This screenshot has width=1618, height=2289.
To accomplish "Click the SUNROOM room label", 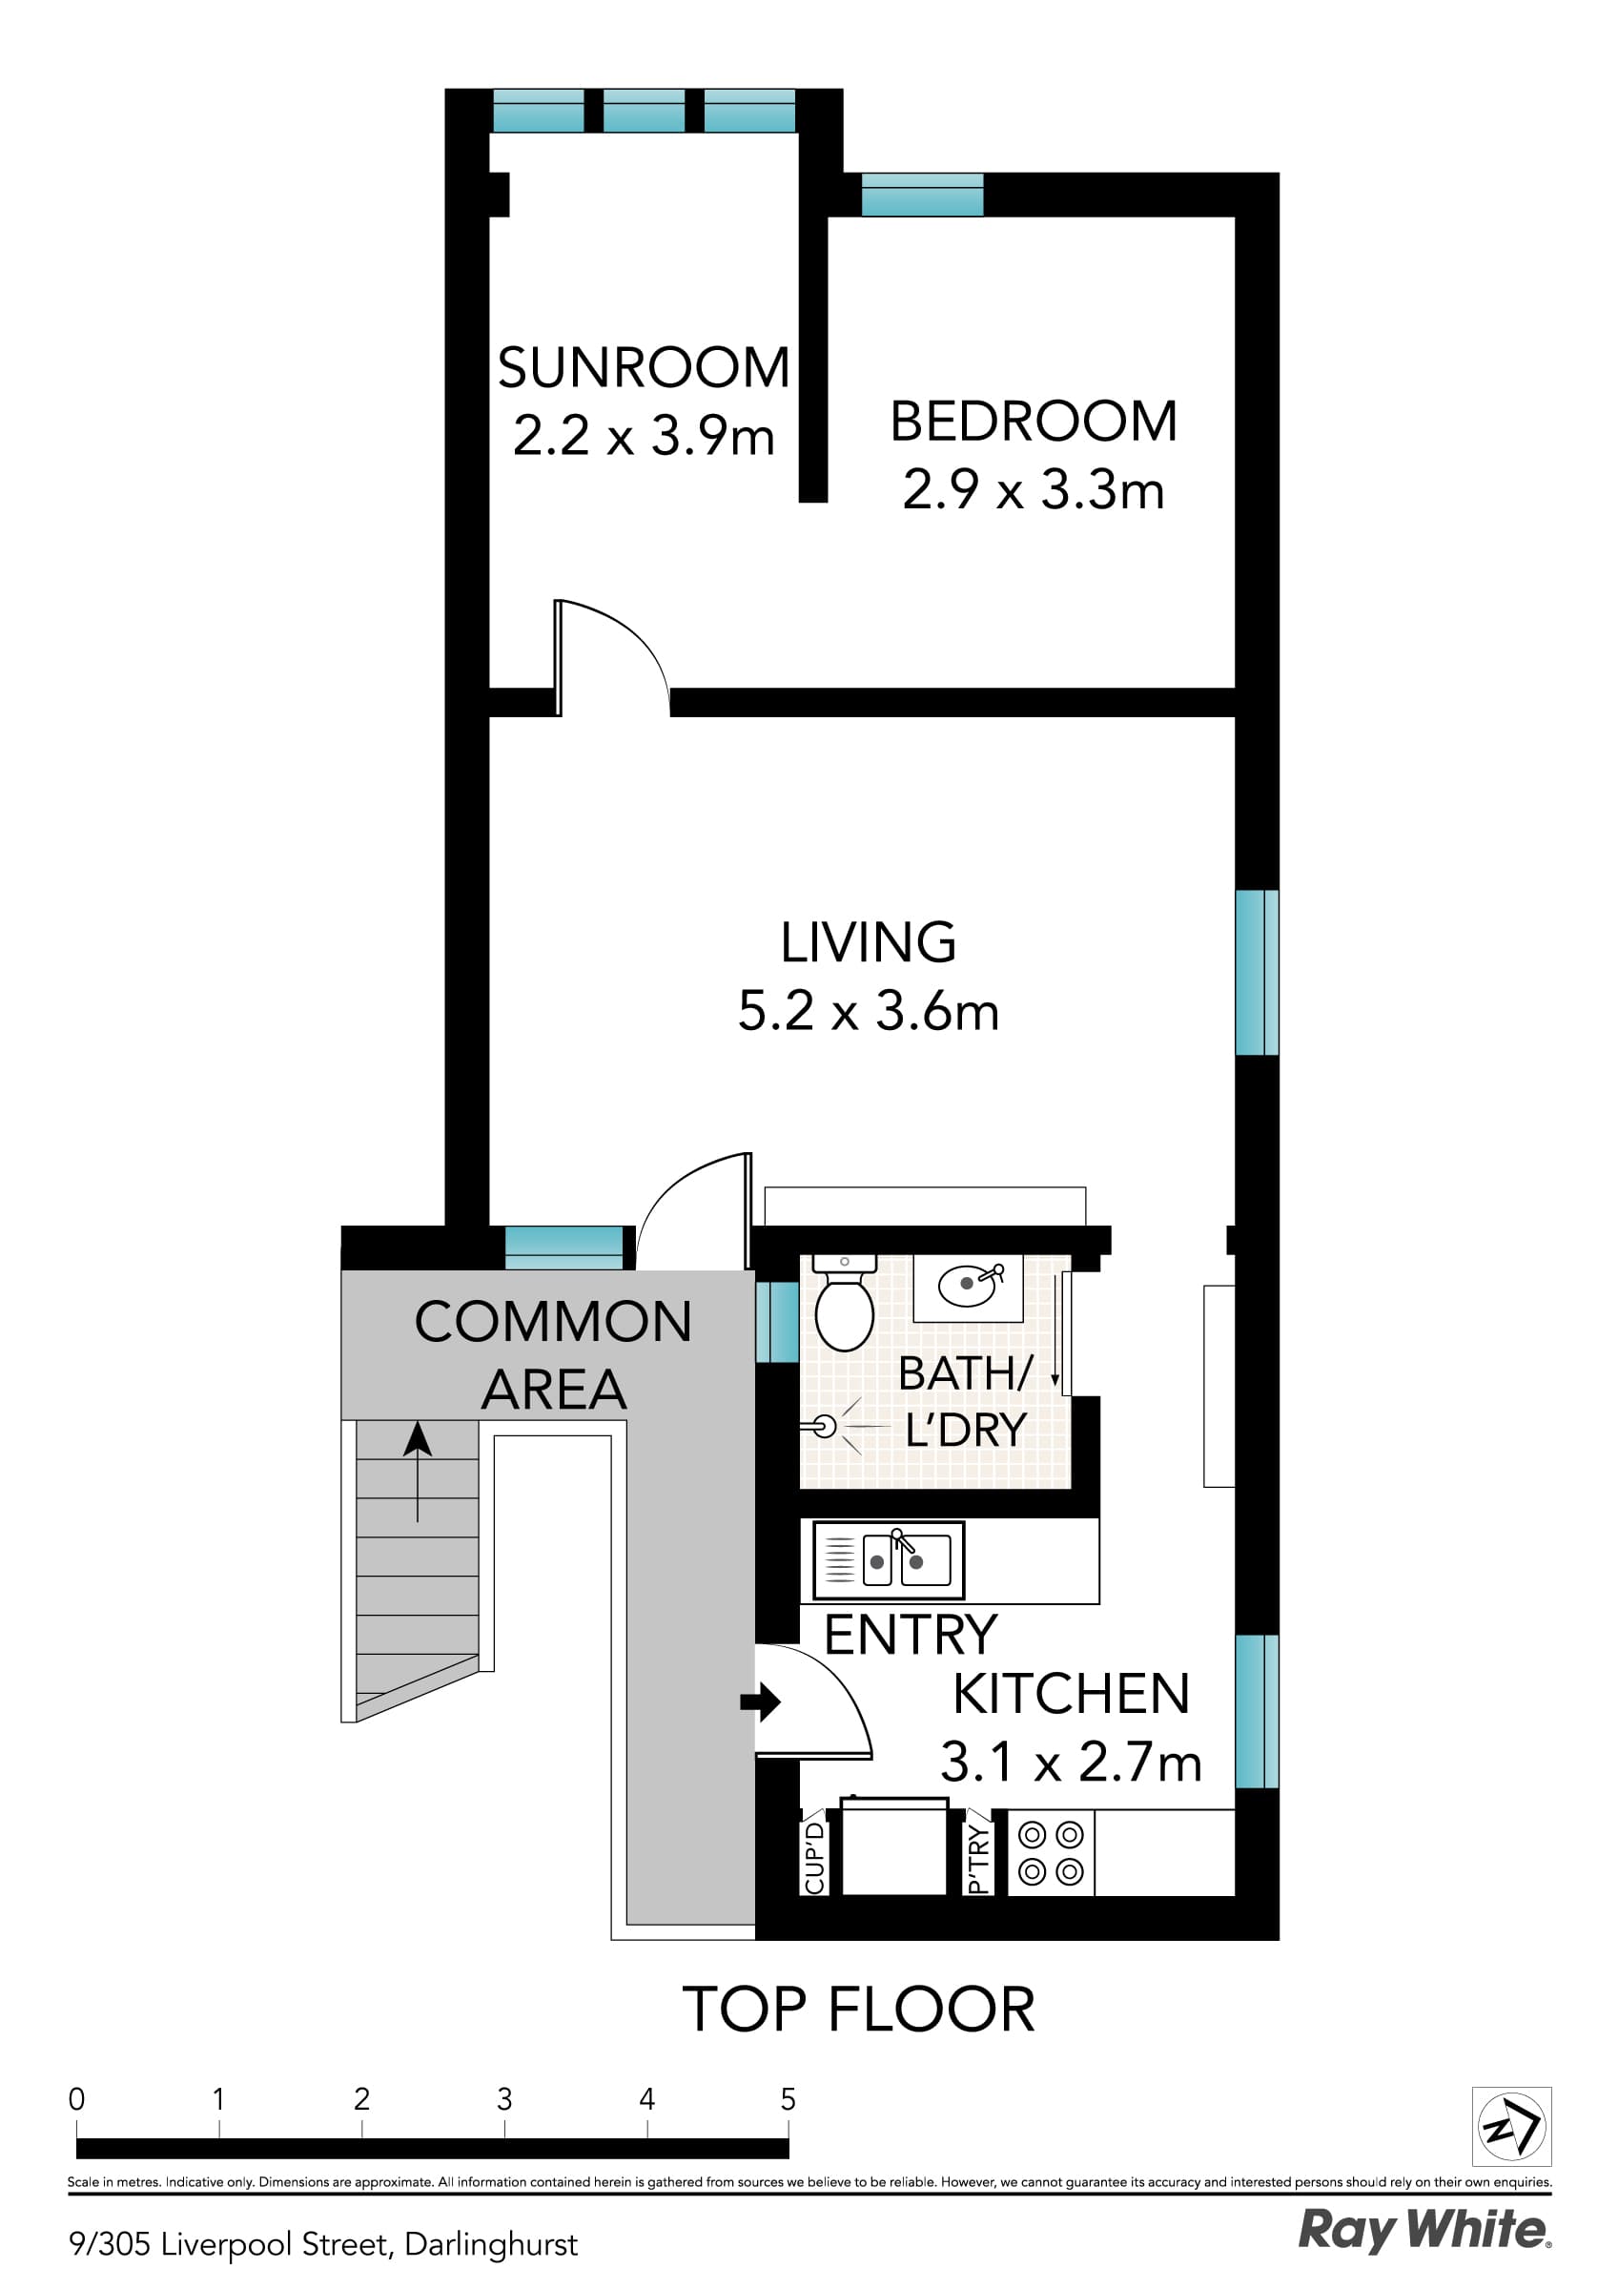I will click(x=643, y=368).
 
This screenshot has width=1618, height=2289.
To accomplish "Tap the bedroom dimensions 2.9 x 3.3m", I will click(x=1033, y=490).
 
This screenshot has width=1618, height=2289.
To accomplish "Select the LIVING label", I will click(x=868, y=942).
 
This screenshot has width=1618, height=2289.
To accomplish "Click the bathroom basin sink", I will click(x=968, y=1285).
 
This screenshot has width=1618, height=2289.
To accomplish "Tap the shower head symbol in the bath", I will click(x=824, y=1427).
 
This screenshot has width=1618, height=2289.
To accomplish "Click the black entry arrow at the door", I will click(x=761, y=1701).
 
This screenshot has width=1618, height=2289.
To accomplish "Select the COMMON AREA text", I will click(x=553, y=1356).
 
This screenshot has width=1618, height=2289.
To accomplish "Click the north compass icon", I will click(x=1510, y=2127).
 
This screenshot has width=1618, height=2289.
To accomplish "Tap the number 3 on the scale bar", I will click(x=504, y=2099).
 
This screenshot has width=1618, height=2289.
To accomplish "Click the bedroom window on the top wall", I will click(x=922, y=195).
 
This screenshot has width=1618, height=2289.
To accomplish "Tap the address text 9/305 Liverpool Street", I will click(x=323, y=2244).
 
